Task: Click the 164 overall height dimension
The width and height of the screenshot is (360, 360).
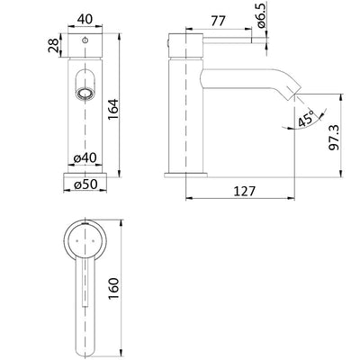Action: pos(113,109)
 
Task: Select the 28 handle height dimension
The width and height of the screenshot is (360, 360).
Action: pos(53,45)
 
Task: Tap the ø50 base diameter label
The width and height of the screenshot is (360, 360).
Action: pos(86,184)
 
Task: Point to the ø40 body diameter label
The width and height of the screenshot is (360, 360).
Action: pos(85,158)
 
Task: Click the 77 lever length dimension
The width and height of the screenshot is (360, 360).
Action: pos(218,22)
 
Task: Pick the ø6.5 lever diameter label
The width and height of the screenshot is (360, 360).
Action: pos(261,15)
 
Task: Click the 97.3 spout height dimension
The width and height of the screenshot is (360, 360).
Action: pos(335,138)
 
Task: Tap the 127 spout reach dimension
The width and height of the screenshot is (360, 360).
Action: pos(244,191)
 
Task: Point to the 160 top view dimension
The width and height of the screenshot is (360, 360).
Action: pos(114,289)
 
